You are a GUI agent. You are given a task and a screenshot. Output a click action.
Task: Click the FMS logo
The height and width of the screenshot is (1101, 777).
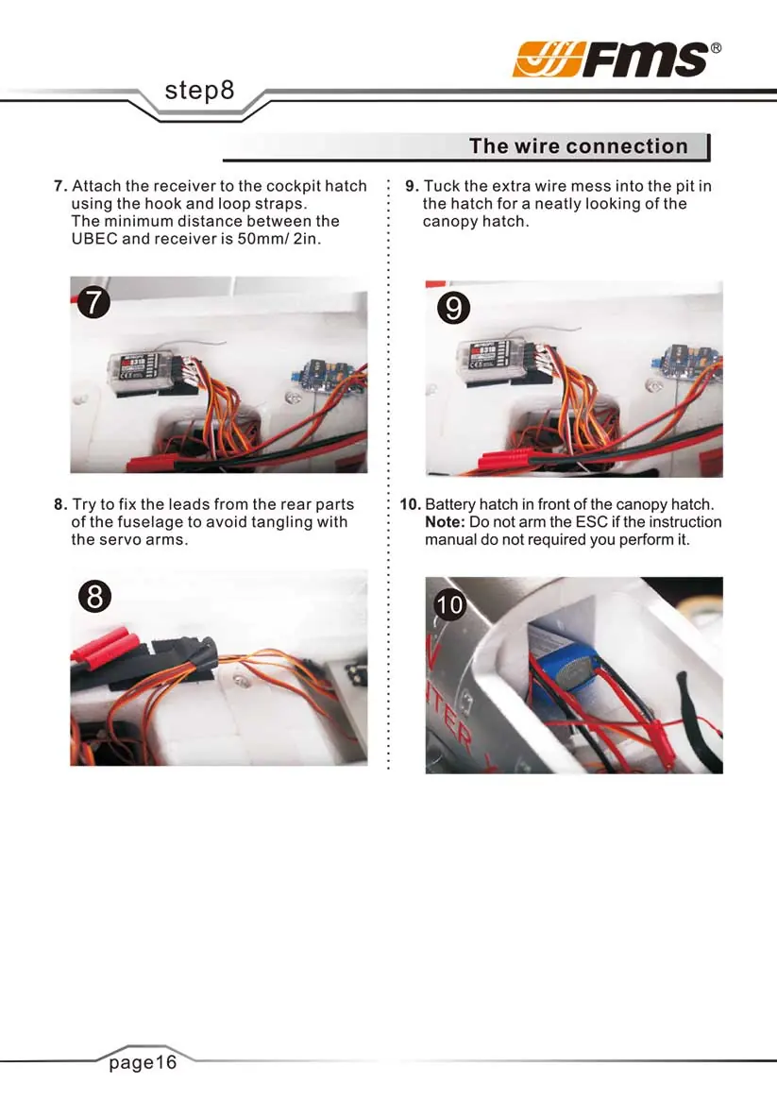click(x=617, y=59)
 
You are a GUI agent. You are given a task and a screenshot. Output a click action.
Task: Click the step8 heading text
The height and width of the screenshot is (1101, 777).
click(x=199, y=91)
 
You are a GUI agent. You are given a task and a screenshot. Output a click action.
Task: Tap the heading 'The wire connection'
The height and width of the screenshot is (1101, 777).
click(x=579, y=146)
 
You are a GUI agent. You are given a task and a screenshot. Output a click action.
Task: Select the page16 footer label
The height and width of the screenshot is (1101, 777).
click(x=143, y=1061)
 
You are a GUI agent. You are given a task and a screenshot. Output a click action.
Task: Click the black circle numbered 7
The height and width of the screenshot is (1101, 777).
click(x=93, y=302)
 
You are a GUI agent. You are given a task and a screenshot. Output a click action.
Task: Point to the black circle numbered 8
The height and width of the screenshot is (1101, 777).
click(x=94, y=597)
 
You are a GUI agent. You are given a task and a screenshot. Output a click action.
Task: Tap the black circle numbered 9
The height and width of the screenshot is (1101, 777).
click(x=453, y=308)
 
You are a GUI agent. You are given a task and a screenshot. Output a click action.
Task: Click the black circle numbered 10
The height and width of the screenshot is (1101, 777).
click(x=450, y=604)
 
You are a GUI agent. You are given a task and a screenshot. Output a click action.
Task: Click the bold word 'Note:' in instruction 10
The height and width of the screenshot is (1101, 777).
click(x=445, y=522)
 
